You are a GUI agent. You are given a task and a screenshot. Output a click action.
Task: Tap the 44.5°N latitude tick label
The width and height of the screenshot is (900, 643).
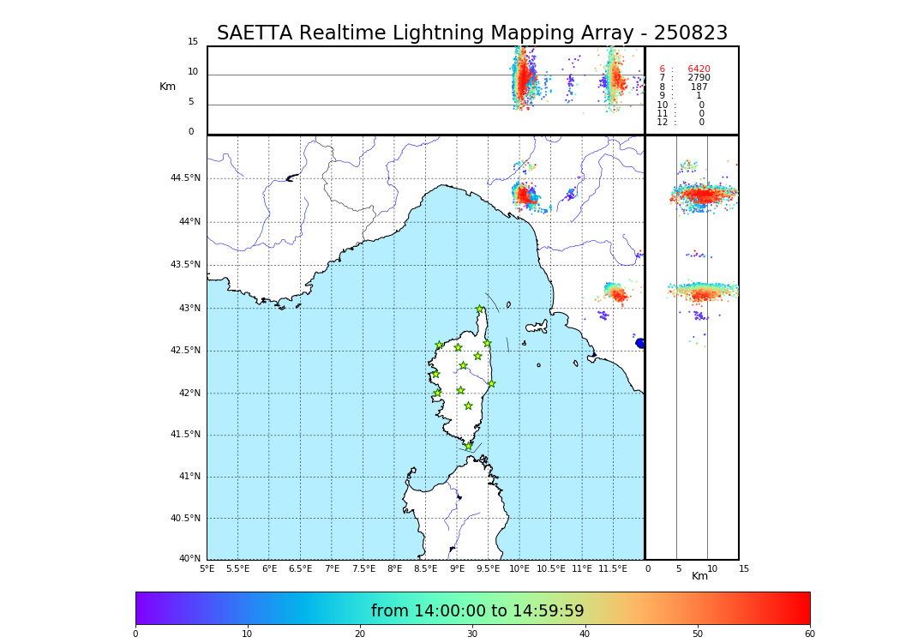point(185,178)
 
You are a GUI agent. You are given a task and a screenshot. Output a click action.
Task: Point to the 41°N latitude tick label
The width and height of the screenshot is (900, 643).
point(188,477)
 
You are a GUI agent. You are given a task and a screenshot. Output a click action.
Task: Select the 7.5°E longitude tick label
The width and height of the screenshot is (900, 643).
point(363,569)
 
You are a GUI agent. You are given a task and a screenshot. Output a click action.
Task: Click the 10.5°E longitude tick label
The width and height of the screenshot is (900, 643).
point(550,569)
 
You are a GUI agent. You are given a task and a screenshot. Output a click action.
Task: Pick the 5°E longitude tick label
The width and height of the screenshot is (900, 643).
point(207,569)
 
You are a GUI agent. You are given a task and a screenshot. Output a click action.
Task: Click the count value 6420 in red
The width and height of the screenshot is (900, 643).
point(699,69)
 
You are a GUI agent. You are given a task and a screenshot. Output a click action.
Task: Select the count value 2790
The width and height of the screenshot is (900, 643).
point(699,78)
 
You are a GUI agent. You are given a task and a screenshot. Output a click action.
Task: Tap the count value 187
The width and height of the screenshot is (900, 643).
point(699,87)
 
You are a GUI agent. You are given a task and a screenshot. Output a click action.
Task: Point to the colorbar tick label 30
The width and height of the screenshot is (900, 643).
point(472,634)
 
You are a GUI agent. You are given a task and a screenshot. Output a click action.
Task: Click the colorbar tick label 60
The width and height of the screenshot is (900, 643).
point(809,634)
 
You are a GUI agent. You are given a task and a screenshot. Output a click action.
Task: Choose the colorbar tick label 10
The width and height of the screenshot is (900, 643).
point(247,634)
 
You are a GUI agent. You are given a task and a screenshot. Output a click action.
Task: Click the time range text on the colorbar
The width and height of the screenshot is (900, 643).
point(477,611)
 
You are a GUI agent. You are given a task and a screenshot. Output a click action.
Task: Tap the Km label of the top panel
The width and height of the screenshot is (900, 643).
point(167,87)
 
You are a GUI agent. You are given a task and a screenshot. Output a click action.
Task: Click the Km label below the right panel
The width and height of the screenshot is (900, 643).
point(699,576)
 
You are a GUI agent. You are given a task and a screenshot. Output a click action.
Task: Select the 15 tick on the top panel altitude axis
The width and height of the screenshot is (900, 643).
point(193,42)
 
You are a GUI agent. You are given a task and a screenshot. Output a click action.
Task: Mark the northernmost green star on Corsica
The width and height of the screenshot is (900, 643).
point(480,309)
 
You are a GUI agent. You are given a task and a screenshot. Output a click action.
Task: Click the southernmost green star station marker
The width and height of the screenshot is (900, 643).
point(468,446)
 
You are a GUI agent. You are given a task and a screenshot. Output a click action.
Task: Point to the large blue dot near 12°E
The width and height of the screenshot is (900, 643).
point(640,343)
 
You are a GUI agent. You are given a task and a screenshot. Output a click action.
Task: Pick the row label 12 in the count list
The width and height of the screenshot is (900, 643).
point(662,123)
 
